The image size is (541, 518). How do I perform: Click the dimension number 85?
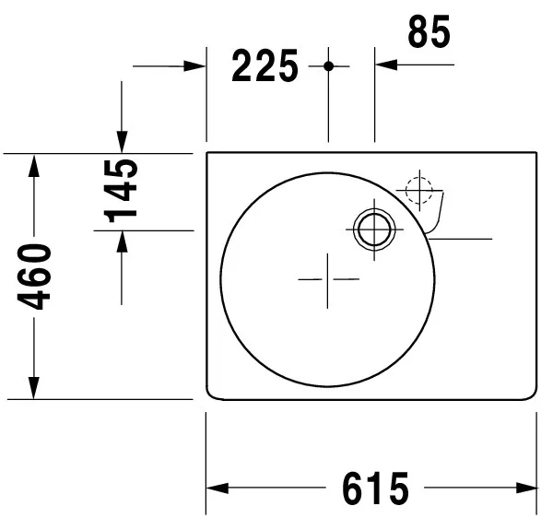click(x=429, y=31)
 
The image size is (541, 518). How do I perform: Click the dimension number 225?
click(x=265, y=65)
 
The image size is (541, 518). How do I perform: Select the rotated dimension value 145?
click(x=121, y=191)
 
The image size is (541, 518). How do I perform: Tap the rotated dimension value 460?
click(x=34, y=277)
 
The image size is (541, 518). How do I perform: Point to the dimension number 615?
click(x=375, y=489)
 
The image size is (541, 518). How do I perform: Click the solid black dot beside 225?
click(x=328, y=66)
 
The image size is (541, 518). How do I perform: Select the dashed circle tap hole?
click(x=418, y=190)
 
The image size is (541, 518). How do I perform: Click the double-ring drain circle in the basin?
click(x=374, y=230)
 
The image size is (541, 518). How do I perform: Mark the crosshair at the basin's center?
click(x=327, y=279)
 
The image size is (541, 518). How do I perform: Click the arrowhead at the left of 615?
click(x=218, y=489)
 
